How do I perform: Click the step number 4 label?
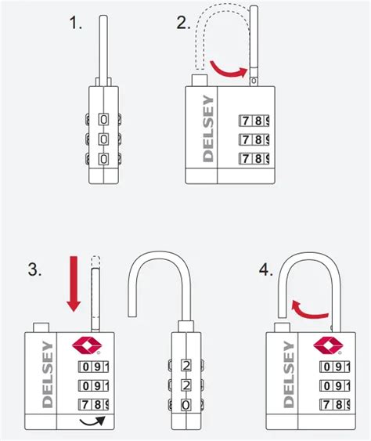[267, 270]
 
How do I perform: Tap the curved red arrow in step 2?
[232, 70]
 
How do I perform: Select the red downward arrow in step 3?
[72, 285]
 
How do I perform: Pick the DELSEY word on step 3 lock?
[46, 374]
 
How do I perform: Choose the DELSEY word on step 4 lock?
[287, 374]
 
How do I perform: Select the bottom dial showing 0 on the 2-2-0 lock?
[185, 405]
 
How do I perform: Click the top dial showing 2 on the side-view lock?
[185, 365]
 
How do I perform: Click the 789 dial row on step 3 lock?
[92, 405]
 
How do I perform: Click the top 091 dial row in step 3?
[92, 366]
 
